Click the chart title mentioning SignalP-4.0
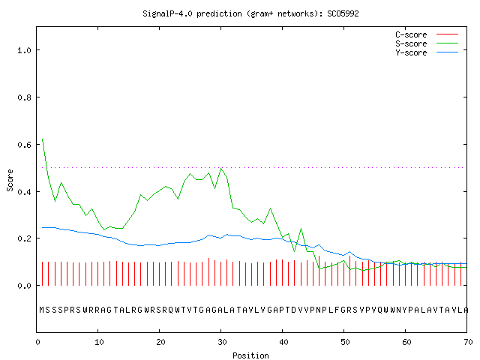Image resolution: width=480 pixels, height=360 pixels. coord(250,13)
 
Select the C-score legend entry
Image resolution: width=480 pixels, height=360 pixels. coord(427,34)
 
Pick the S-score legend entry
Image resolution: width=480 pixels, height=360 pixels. coord(427,43)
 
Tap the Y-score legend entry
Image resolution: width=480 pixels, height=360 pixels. coord(427,52)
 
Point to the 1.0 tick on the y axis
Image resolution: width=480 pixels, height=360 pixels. coord(24,50)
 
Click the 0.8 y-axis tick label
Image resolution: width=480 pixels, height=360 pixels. coord(24,97)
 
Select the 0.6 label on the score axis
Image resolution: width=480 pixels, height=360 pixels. coord(24,145)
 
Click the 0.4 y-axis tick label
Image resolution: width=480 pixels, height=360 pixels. coord(24,192)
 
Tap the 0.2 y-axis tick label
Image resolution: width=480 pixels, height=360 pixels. coord(24,238)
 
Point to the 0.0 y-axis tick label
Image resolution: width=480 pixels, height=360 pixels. coord(24,286)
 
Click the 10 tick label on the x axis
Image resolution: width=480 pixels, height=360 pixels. coord(99,342)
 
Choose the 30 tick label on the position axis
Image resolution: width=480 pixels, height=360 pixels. coord(222,342)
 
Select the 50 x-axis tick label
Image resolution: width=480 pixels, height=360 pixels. coord(345,342)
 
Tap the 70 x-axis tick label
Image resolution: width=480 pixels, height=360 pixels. coord(468,342)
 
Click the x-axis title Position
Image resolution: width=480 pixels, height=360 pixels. coord(250,355)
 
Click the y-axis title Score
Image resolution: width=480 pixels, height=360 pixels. coord(10,180)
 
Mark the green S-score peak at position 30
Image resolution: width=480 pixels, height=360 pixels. coord(220,168)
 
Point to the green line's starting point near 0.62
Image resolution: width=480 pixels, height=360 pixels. coord(42,139)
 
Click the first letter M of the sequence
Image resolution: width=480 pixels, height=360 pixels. coord(42,310)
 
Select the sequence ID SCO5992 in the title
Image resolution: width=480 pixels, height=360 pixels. coord(343,13)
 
